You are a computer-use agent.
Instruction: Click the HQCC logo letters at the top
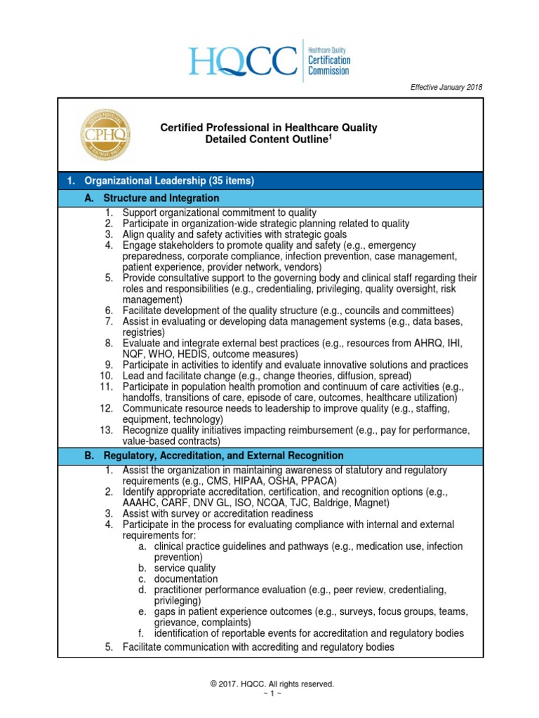[x=243, y=62]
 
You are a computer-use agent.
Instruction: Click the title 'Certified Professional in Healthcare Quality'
[x=269, y=128]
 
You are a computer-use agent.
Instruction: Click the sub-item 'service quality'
[x=185, y=568]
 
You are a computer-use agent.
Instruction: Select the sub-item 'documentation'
[x=186, y=579]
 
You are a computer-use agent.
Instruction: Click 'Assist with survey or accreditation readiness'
[x=218, y=513]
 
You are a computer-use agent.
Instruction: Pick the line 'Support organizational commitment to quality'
[x=219, y=212]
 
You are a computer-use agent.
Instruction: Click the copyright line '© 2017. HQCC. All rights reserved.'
[x=269, y=684]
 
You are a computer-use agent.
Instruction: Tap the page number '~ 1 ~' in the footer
[x=269, y=694]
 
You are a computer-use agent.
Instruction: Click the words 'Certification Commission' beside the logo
[x=329, y=65]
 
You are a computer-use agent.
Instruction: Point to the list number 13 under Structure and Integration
[x=106, y=430]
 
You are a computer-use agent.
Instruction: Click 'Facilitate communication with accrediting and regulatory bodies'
[x=258, y=647]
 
